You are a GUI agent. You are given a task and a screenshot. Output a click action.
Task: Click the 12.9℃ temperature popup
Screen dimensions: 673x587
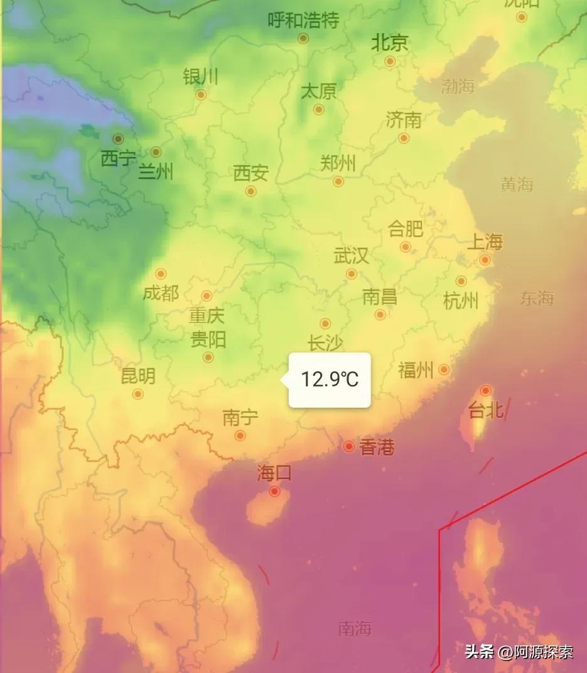pos(330,379)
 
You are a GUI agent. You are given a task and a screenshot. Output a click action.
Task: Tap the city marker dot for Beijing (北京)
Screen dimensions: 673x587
pos(390,61)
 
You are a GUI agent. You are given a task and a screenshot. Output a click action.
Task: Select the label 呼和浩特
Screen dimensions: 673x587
pos(303,21)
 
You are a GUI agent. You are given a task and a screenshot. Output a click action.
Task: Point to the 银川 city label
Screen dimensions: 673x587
pos(201,77)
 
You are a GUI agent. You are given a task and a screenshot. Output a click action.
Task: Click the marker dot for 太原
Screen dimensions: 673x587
pos(319,109)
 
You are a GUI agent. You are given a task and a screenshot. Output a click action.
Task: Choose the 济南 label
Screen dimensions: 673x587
pos(404,119)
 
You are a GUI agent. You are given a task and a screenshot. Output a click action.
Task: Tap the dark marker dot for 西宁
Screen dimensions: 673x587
pos(118,139)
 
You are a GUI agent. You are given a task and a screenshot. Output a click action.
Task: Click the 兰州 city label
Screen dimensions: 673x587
pos(156,171)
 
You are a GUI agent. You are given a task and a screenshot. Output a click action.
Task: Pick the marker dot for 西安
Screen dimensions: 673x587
pos(250,191)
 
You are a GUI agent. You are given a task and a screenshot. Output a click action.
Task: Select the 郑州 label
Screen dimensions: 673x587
pos(338,164)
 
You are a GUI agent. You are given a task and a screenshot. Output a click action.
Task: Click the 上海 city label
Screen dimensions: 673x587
pos(485,241)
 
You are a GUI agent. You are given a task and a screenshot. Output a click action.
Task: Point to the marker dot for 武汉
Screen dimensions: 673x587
pos(352,273)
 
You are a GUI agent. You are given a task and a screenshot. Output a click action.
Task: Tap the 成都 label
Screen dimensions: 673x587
pos(161,292)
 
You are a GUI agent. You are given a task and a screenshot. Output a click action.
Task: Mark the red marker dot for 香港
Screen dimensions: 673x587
pos(349,446)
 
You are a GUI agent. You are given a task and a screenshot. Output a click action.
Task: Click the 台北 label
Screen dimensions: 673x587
pos(485,410)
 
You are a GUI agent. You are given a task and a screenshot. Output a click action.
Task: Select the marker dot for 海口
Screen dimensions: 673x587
pos(274,491)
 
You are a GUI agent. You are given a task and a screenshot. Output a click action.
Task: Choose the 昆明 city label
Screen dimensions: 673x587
pos(138,376)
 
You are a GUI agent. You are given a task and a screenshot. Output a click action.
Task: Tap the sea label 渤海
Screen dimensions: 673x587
pos(457,86)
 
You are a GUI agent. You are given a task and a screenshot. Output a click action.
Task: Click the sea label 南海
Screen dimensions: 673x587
pos(355,628)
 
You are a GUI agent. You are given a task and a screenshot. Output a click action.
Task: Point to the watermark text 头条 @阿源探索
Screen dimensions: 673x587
pos(519,652)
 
